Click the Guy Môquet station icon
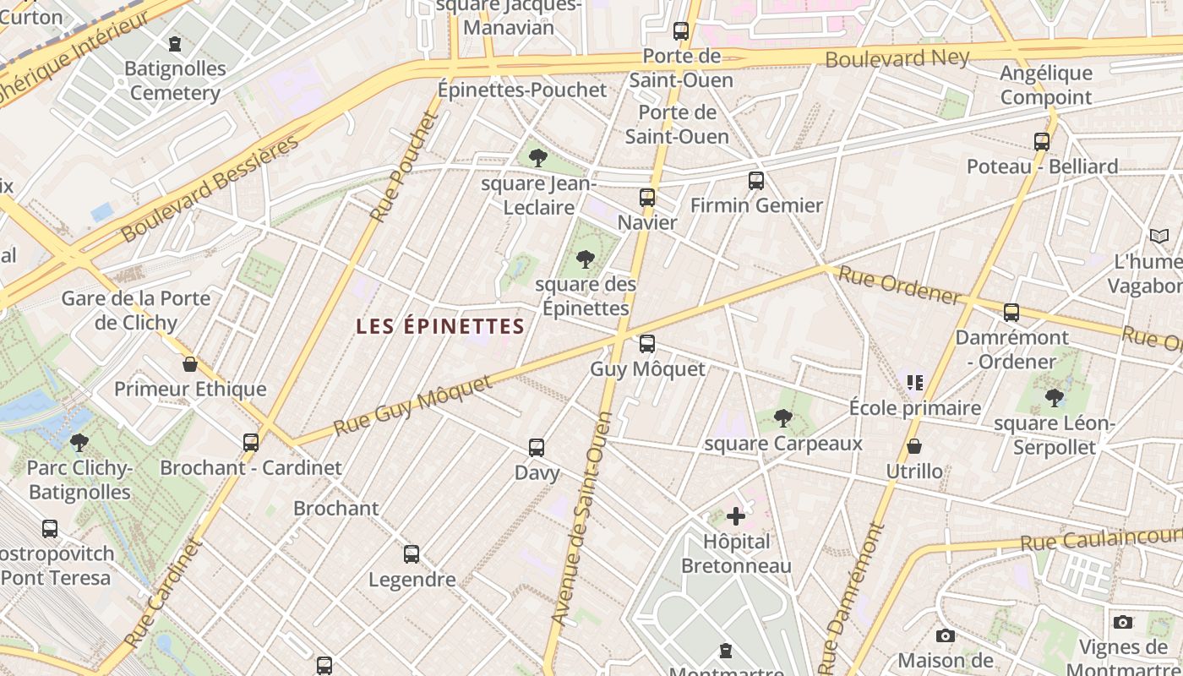click(647, 344)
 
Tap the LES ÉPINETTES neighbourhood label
click(440, 326)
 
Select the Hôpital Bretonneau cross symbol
click(736, 515)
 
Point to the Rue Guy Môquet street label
click(412, 406)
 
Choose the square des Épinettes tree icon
click(585, 259)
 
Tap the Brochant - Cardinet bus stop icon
click(251, 442)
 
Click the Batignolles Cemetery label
click(175, 80)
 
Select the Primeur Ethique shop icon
click(190, 364)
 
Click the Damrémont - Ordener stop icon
click(1011, 313)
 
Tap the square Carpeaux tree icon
click(783, 417)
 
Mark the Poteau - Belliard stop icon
click(1042, 142)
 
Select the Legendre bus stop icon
click(412, 554)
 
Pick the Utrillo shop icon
click(914, 446)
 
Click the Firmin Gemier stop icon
click(756, 181)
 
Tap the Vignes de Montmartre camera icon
click(1123, 622)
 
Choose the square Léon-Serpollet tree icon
click(1054, 397)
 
